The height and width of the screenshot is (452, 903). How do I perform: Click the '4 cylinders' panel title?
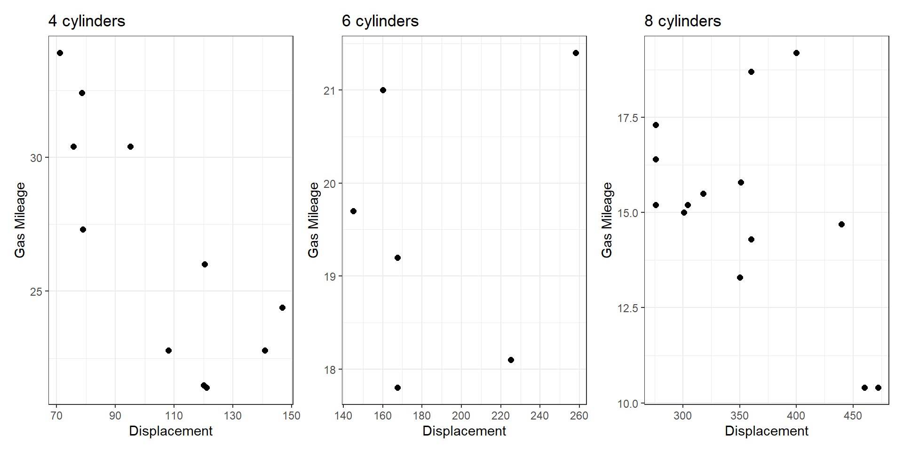pos(87,21)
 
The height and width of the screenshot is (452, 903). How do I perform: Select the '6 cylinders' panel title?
pos(380,21)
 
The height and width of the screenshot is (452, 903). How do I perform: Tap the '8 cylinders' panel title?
pos(682,21)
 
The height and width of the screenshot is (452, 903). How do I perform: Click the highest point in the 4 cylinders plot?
pos(60,53)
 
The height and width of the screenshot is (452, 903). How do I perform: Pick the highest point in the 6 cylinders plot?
pos(576,53)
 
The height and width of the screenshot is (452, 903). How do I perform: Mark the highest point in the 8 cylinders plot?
pos(796,53)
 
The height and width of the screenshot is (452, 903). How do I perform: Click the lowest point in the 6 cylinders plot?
pos(397,387)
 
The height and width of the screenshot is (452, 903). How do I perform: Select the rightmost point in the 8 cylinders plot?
pos(878,387)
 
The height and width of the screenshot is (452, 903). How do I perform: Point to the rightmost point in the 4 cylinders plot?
pos(282,307)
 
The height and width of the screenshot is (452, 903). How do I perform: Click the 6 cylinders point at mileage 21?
pos(383,90)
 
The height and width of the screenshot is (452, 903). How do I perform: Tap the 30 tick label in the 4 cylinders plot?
pos(36,158)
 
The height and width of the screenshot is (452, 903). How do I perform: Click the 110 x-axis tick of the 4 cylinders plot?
pos(174,416)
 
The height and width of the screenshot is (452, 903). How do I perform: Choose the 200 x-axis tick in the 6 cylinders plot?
pos(461,416)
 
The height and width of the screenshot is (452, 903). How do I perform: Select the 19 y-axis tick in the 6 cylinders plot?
pos(330,277)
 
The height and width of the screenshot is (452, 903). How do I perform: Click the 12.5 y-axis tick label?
pos(628,308)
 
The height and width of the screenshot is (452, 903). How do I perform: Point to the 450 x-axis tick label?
pos(853,416)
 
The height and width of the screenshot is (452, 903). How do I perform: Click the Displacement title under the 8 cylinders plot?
pos(766,431)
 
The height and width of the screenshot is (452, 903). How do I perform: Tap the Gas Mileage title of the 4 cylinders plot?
pos(20,220)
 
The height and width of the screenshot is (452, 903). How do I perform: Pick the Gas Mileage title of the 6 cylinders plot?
pos(313,220)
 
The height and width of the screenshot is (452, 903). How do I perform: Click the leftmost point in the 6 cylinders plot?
pos(353,211)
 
